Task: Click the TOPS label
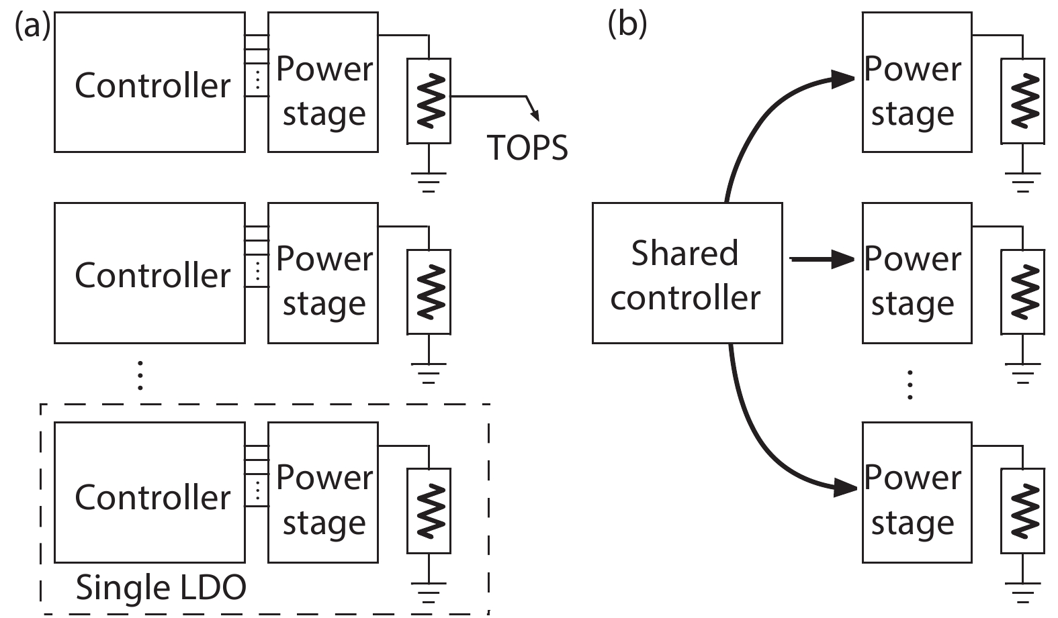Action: point(527,148)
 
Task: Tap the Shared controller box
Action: point(687,273)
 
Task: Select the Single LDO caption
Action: point(161,588)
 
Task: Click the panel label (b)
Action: point(627,25)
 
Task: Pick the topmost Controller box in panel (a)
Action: point(149,82)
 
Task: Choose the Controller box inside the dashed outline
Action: point(149,492)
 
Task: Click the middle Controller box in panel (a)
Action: point(149,273)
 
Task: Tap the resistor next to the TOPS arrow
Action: point(429,101)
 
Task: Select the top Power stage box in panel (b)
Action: point(916,82)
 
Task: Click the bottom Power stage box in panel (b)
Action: point(916,492)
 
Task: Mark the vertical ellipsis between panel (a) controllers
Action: point(140,375)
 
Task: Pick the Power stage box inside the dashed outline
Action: point(322,492)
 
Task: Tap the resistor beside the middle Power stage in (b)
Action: point(1022,292)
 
